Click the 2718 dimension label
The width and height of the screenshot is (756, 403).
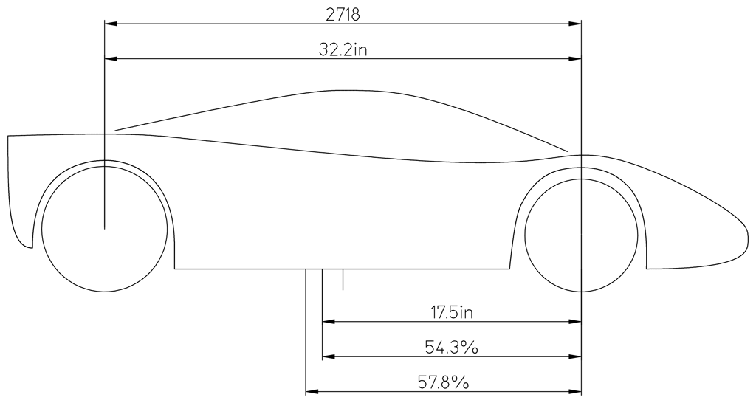[x=343, y=15]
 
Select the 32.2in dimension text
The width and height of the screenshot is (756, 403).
[x=343, y=49]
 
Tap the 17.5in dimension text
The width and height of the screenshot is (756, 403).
[x=451, y=312]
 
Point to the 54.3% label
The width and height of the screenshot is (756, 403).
[x=451, y=347]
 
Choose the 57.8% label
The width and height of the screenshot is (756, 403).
[x=443, y=383]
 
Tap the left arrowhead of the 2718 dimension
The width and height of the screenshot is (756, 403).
[x=111, y=23]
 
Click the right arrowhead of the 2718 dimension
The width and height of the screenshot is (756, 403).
[x=575, y=23]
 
